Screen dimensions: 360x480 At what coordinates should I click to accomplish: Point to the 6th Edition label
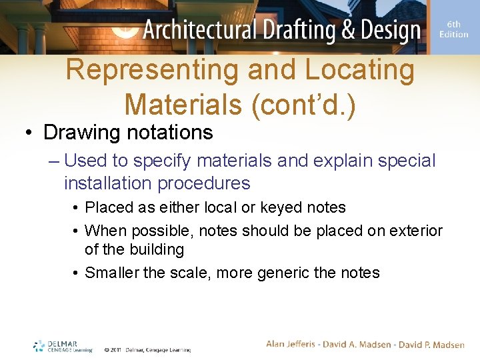[454, 29]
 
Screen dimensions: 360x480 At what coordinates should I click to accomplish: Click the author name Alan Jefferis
[294, 344]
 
